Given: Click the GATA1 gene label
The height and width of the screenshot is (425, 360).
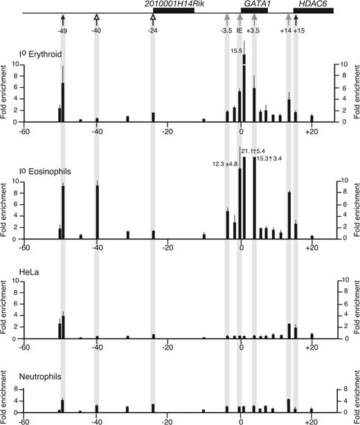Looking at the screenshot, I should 256,4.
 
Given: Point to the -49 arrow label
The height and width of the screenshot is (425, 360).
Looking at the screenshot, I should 62,31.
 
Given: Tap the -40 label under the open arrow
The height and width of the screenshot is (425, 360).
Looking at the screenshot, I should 96,31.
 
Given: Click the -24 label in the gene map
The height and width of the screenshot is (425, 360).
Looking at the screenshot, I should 152,31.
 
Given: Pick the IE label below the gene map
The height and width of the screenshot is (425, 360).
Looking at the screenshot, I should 239,31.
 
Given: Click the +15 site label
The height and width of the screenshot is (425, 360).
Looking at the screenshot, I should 299,31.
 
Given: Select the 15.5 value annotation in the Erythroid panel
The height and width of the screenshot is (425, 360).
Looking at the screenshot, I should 236,51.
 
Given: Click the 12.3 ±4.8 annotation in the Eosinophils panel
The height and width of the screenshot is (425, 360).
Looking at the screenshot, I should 224,163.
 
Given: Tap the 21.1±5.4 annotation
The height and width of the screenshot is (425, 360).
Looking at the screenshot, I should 254,151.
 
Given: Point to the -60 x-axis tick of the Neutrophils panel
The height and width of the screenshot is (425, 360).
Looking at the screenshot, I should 24,420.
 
